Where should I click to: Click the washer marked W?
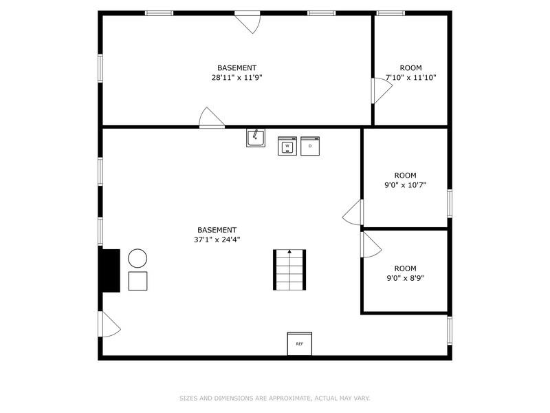tap(287, 146)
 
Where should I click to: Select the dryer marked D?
tap(310, 146)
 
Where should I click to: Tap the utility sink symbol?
tap(256, 138)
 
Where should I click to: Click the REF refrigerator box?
tap(300, 343)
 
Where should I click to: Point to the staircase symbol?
tap(289, 270)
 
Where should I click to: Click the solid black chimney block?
tap(110, 271)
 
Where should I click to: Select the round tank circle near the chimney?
tap(137, 258)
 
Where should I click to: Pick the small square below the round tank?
tap(137, 281)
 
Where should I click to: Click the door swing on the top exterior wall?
tap(248, 22)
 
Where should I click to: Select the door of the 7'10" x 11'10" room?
tap(381, 90)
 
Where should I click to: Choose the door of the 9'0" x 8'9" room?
tap(370, 244)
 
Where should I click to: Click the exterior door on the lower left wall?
tap(109, 324)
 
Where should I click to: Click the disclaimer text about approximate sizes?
tap(275, 398)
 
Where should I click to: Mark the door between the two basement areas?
tap(212, 118)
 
